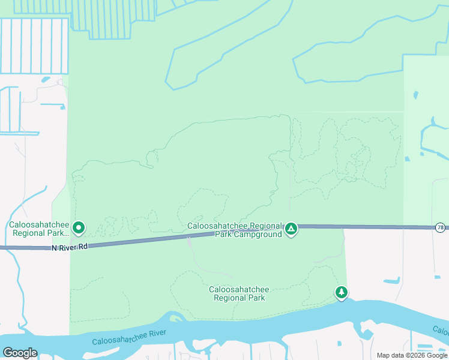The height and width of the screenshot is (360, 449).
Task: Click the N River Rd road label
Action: pyautogui.click(x=70, y=247)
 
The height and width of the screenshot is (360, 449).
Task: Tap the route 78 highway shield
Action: pyautogui.click(x=441, y=227)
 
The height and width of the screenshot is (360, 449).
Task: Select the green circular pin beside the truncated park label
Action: pyautogui.click(x=79, y=228)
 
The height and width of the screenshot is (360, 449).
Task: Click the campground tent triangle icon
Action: pyautogui.click(x=291, y=228)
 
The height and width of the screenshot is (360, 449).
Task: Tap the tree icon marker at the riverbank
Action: pyautogui.click(x=342, y=292)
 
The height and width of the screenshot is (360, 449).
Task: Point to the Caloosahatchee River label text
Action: pyautogui.click(x=129, y=337)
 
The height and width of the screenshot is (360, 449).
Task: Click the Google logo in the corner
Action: pyautogui.click(x=20, y=353)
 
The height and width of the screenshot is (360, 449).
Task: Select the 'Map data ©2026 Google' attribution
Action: pyautogui.click(x=412, y=355)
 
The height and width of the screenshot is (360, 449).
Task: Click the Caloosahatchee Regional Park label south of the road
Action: pyautogui.click(x=239, y=293)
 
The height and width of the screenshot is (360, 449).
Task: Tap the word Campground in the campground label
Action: pyautogui.click(x=258, y=234)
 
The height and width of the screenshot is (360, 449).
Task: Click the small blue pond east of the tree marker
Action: pyautogui.click(x=391, y=280)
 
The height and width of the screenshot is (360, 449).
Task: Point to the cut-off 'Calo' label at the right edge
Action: pyautogui.click(x=441, y=331)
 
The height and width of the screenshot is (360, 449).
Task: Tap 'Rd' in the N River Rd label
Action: pyautogui.click(x=83, y=246)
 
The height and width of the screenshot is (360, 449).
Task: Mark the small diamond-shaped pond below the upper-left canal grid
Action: pyautogui.click(x=46, y=79)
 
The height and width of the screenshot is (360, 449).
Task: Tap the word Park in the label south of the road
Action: pyautogui.click(x=255, y=298)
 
